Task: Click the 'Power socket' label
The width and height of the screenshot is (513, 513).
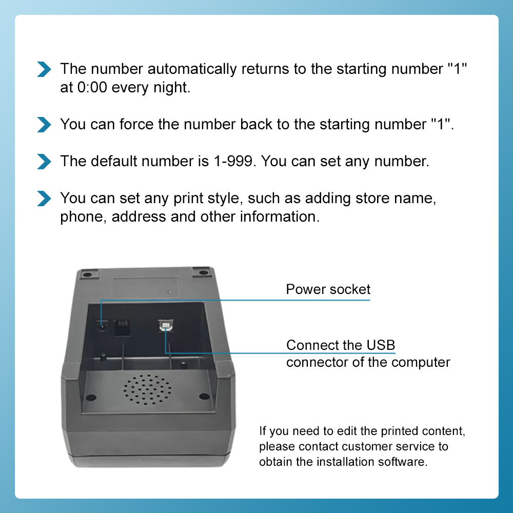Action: pos(328,289)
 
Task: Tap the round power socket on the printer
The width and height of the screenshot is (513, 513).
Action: pos(103,326)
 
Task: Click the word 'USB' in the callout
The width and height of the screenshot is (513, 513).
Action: pos(381,345)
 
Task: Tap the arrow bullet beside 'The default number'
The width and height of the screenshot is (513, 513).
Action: pos(45,161)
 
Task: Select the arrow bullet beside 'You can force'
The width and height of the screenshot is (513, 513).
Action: pos(45,124)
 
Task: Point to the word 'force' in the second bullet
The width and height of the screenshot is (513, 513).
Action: pos(136,124)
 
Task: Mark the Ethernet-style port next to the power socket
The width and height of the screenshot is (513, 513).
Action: pos(122,327)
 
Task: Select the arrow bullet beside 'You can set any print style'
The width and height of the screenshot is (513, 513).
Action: pos(45,198)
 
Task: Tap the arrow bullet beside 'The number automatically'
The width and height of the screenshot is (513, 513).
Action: pos(45,69)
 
